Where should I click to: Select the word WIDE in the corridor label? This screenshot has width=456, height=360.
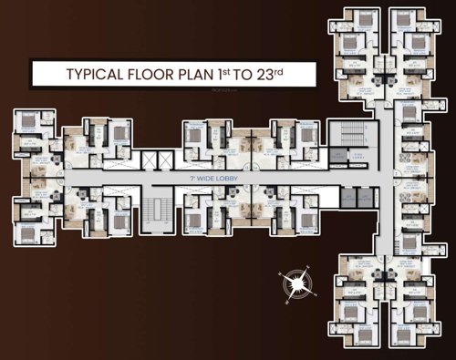(x=203, y=179)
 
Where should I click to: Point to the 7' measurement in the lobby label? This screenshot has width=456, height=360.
(x=189, y=179)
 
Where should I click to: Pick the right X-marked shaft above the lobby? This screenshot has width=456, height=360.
(x=164, y=160)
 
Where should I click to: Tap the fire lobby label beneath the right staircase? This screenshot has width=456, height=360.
(x=341, y=155)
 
